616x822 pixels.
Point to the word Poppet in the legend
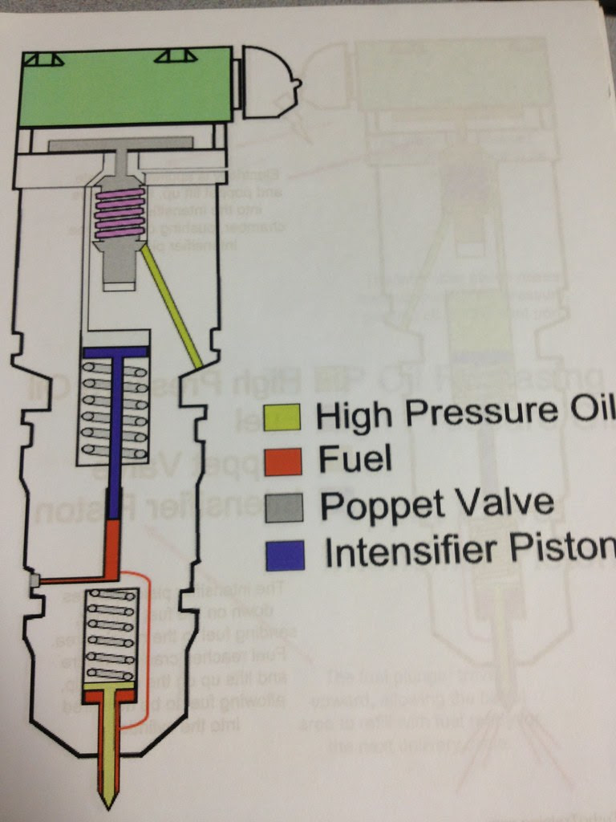coord(369,506)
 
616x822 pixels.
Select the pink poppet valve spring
coord(120,214)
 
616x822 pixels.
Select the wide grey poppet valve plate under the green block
coord(120,144)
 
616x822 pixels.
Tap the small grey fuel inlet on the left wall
coord(33,580)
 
